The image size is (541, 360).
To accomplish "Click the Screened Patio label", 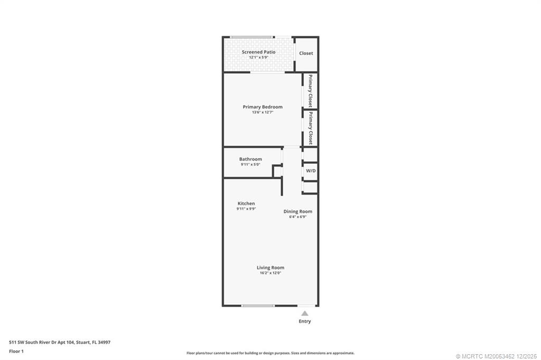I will [x=258, y=52].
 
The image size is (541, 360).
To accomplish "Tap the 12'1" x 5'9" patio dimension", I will [x=258, y=58].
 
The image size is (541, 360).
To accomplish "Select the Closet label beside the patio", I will [x=306, y=53].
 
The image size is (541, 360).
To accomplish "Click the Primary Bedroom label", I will [x=263, y=107].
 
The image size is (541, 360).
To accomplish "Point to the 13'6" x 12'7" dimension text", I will [x=263, y=112].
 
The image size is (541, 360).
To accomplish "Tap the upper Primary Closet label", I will [x=311, y=91].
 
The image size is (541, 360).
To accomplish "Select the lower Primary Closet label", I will [x=311, y=128].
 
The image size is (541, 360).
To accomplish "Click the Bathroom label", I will [x=250, y=159].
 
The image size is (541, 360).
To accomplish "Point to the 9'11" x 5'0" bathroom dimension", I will [x=250, y=164].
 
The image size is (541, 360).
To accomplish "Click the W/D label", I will [x=311, y=171].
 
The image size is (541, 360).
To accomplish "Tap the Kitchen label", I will [x=246, y=204].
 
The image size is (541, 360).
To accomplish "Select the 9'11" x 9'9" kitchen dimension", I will [x=246, y=209].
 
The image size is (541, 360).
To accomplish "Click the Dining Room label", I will [x=298, y=211].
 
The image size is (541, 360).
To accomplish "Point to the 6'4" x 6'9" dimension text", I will [x=298, y=217].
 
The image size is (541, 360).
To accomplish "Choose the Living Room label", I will [x=270, y=267].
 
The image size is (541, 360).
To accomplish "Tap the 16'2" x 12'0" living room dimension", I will [x=270, y=273].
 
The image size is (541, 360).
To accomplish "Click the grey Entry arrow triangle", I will [x=305, y=313].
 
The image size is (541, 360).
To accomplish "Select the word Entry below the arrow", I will [x=305, y=321].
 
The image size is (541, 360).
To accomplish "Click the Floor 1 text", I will [x=16, y=351].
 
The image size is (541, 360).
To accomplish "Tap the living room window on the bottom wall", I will [x=258, y=306].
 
